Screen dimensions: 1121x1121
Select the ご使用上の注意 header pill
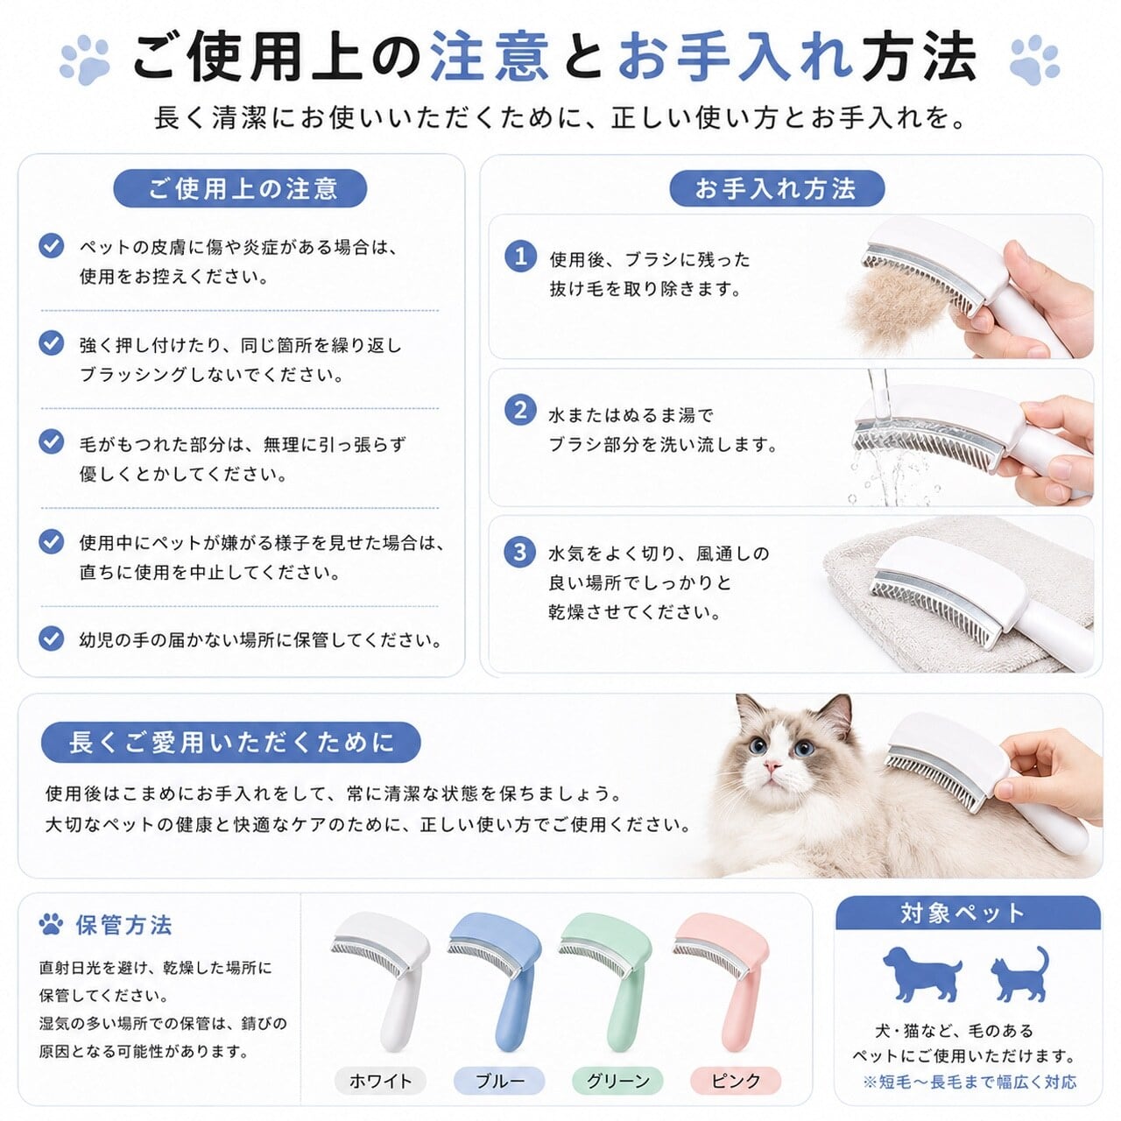tap(240, 188)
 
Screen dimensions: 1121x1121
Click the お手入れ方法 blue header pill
tap(776, 188)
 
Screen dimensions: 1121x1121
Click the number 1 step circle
tap(520, 257)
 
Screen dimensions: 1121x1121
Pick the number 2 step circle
tap(520, 410)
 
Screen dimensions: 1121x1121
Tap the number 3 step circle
tap(520, 552)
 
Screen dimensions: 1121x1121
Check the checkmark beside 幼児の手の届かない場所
tap(51, 638)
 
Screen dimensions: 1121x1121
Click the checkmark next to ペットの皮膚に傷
tap(51, 245)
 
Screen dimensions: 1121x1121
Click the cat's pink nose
tap(772, 765)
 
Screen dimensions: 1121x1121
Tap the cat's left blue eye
tap(756, 744)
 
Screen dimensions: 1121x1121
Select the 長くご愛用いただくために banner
tap(231, 743)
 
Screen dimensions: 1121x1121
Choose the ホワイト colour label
tap(380, 1081)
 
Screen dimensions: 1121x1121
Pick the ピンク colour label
tap(736, 1081)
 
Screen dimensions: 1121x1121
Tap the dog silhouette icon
tap(921, 974)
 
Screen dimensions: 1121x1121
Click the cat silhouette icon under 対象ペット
tap(1019, 974)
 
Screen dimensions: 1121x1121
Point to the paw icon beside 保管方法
tap(51, 925)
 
